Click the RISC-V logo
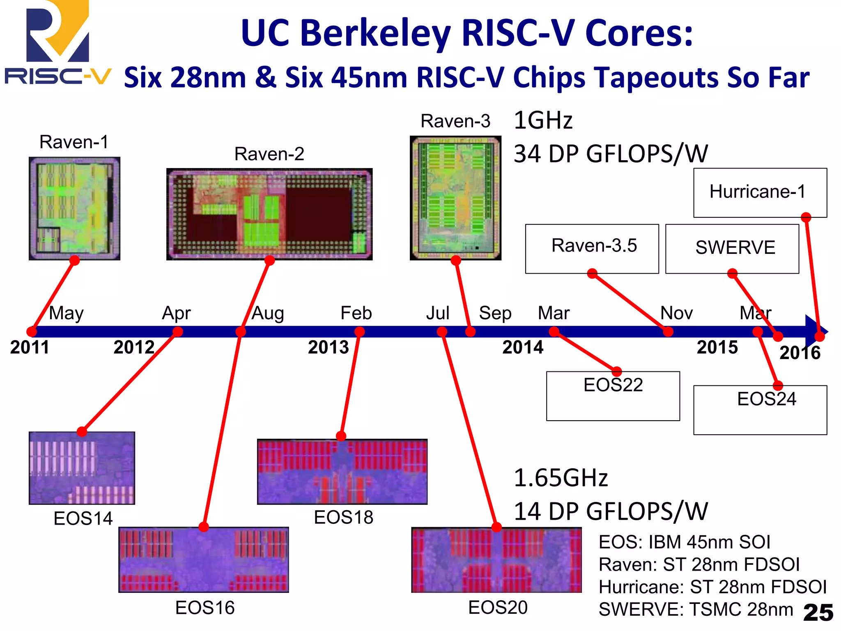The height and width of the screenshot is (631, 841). coord(57,43)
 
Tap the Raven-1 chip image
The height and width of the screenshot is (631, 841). coord(74,208)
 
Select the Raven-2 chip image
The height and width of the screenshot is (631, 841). coord(269,214)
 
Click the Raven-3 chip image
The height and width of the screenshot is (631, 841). coord(455,198)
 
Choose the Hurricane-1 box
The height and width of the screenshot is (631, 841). coord(760,192)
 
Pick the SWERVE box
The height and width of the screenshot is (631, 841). coord(732,249)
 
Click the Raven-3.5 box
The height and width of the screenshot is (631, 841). coord(592,248)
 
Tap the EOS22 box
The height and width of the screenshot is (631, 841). coord(613,396)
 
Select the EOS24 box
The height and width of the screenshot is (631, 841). coord(760,410)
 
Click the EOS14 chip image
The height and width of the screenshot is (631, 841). coord(82,468)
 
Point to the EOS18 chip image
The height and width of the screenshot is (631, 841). coord(342,472)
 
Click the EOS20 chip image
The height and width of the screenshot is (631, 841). coord(496,560)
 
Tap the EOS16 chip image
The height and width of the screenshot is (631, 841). coord(204,560)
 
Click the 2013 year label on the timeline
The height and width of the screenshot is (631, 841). coord(329,348)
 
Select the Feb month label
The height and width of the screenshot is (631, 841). coord(356,313)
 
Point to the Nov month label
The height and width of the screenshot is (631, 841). coord(676,313)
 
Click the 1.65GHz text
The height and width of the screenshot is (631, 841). coord(561,478)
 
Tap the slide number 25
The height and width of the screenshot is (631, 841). coord(818,613)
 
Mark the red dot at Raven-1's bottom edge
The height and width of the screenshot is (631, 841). coord(74,260)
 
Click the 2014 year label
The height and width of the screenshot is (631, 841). coord(523,348)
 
